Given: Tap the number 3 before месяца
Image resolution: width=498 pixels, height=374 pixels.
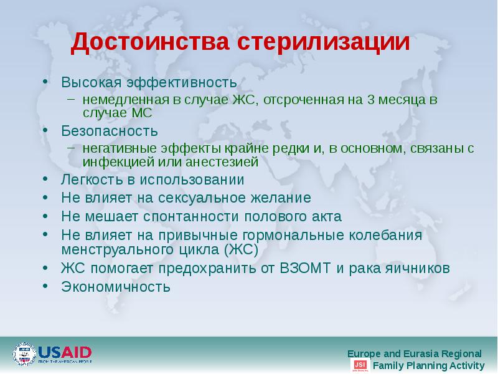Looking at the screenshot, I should click(371, 100).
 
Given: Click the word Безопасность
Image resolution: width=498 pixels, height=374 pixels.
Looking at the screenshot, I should click(109, 132).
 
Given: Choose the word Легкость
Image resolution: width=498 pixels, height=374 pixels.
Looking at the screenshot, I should click(90, 180).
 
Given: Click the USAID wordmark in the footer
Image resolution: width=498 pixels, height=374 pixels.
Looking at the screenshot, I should click(65, 352).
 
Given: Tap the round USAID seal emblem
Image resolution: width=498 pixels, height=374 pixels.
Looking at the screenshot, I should click(24, 354).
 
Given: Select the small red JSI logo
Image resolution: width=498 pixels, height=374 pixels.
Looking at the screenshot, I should click(359, 365).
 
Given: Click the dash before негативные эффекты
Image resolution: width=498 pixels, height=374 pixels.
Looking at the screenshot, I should click(72, 148).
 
